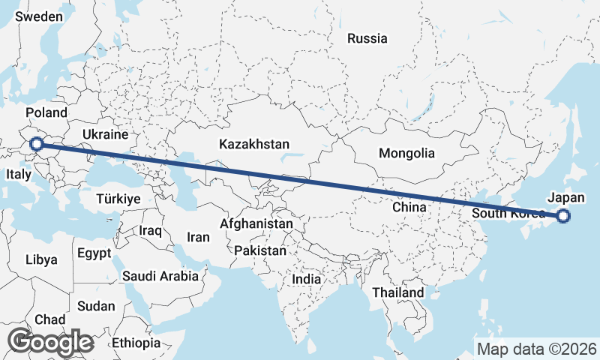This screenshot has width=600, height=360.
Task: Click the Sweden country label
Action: click(x=38, y=16)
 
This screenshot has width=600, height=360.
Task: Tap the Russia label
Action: click(x=367, y=38)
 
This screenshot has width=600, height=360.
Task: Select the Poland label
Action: click(x=46, y=112)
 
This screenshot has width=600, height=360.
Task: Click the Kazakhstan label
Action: click(x=254, y=144)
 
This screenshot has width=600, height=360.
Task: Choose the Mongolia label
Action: click(x=406, y=153)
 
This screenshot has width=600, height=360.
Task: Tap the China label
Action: click(x=409, y=206)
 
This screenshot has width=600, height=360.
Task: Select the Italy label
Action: click(x=18, y=174)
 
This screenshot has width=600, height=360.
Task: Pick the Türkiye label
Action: click(x=118, y=199)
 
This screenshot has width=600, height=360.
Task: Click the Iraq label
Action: click(x=150, y=230)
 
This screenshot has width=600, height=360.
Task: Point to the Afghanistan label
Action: click(x=256, y=223)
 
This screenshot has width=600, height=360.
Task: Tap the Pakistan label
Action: click(x=259, y=250)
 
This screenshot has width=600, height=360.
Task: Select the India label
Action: click(x=306, y=279)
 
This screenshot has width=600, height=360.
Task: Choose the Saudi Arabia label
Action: click(x=160, y=276)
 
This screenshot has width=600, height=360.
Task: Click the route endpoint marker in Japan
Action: click(x=563, y=217)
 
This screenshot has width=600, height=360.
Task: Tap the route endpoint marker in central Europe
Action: click(x=34, y=143)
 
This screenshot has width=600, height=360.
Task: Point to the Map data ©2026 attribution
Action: click(x=537, y=349)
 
